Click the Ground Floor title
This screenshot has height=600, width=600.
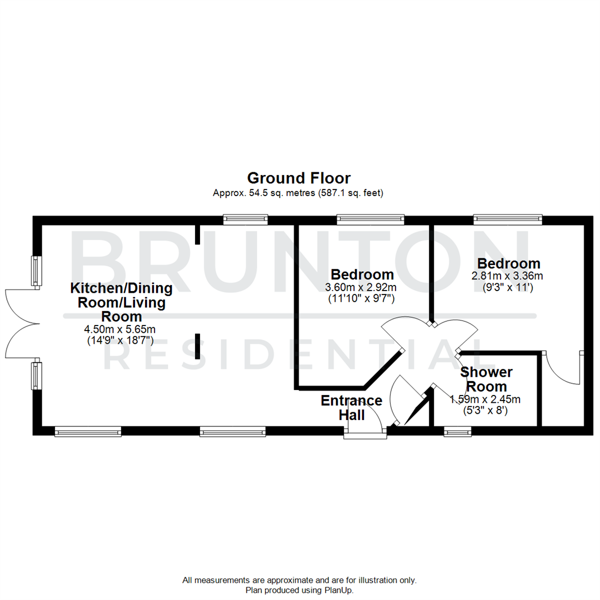click(x=298, y=178)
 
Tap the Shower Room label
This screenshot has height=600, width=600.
click(x=486, y=379)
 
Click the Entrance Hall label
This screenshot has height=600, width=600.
click(x=351, y=407)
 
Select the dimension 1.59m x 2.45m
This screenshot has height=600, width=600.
click(x=486, y=399)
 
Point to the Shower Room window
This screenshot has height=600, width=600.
click(x=458, y=430)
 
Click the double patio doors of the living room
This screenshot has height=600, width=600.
click(x=22, y=323)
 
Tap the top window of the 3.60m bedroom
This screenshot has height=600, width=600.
click(x=371, y=220)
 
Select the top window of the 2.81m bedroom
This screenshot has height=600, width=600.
click(x=508, y=220)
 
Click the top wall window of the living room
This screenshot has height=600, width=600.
click(x=245, y=220)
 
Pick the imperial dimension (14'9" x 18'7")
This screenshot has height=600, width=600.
click(x=120, y=340)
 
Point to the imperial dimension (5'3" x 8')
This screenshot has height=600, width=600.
click(x=486, y=411)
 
